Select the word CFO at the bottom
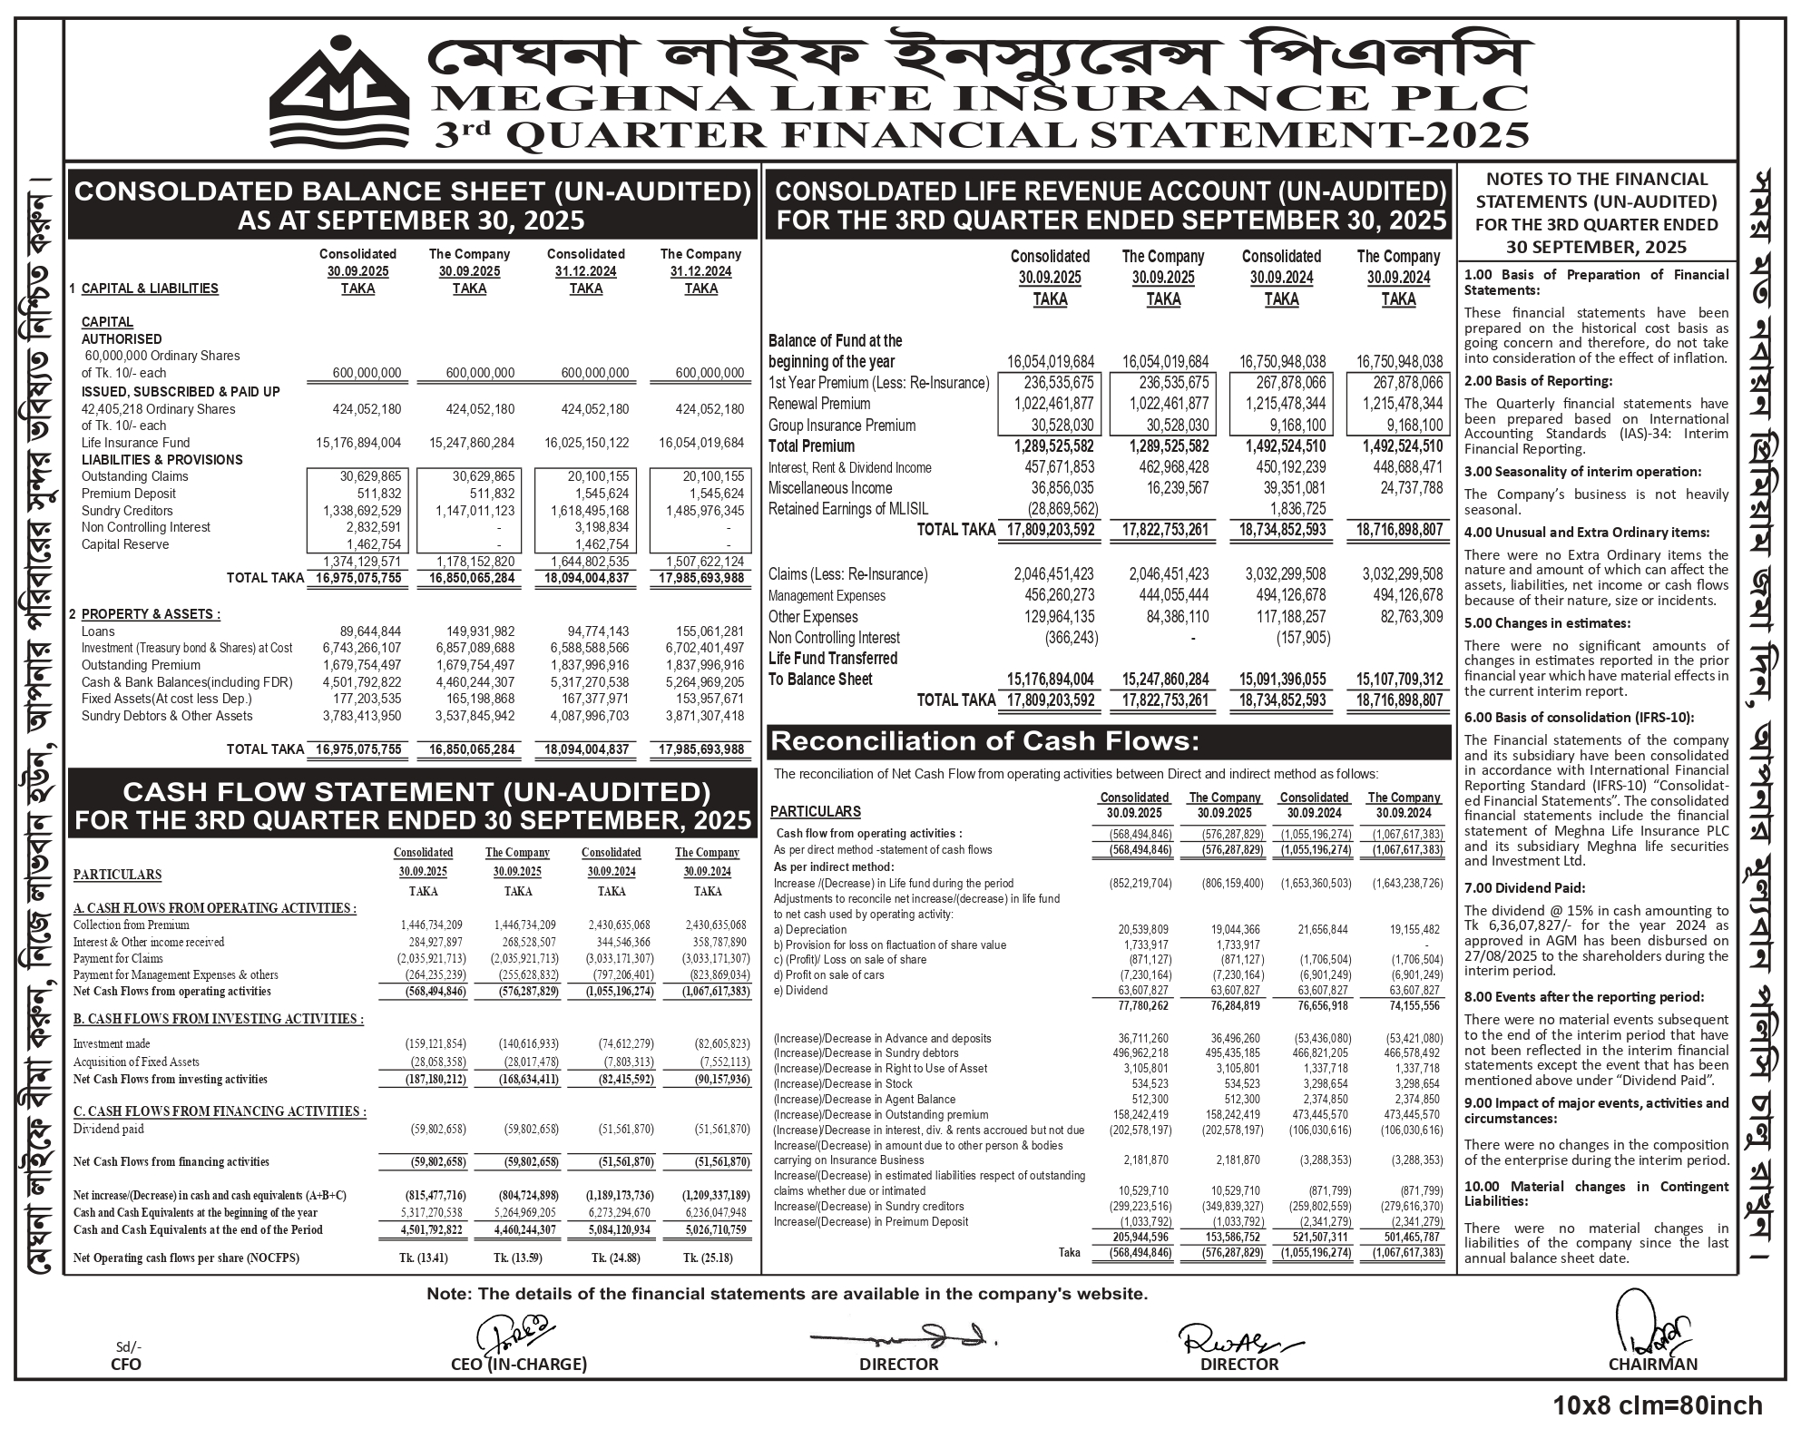[126, 1364]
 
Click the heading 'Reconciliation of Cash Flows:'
[984, 742]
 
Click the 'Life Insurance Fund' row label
[136, 443]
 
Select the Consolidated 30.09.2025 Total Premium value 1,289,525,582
[1050, 446]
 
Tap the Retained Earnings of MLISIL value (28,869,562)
[1062, 509]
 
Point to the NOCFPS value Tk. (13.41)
[423, 1258]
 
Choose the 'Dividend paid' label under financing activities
[109, 1130]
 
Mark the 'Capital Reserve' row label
[125, 544]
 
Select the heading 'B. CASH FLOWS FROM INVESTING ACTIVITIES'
[218, 1019]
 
